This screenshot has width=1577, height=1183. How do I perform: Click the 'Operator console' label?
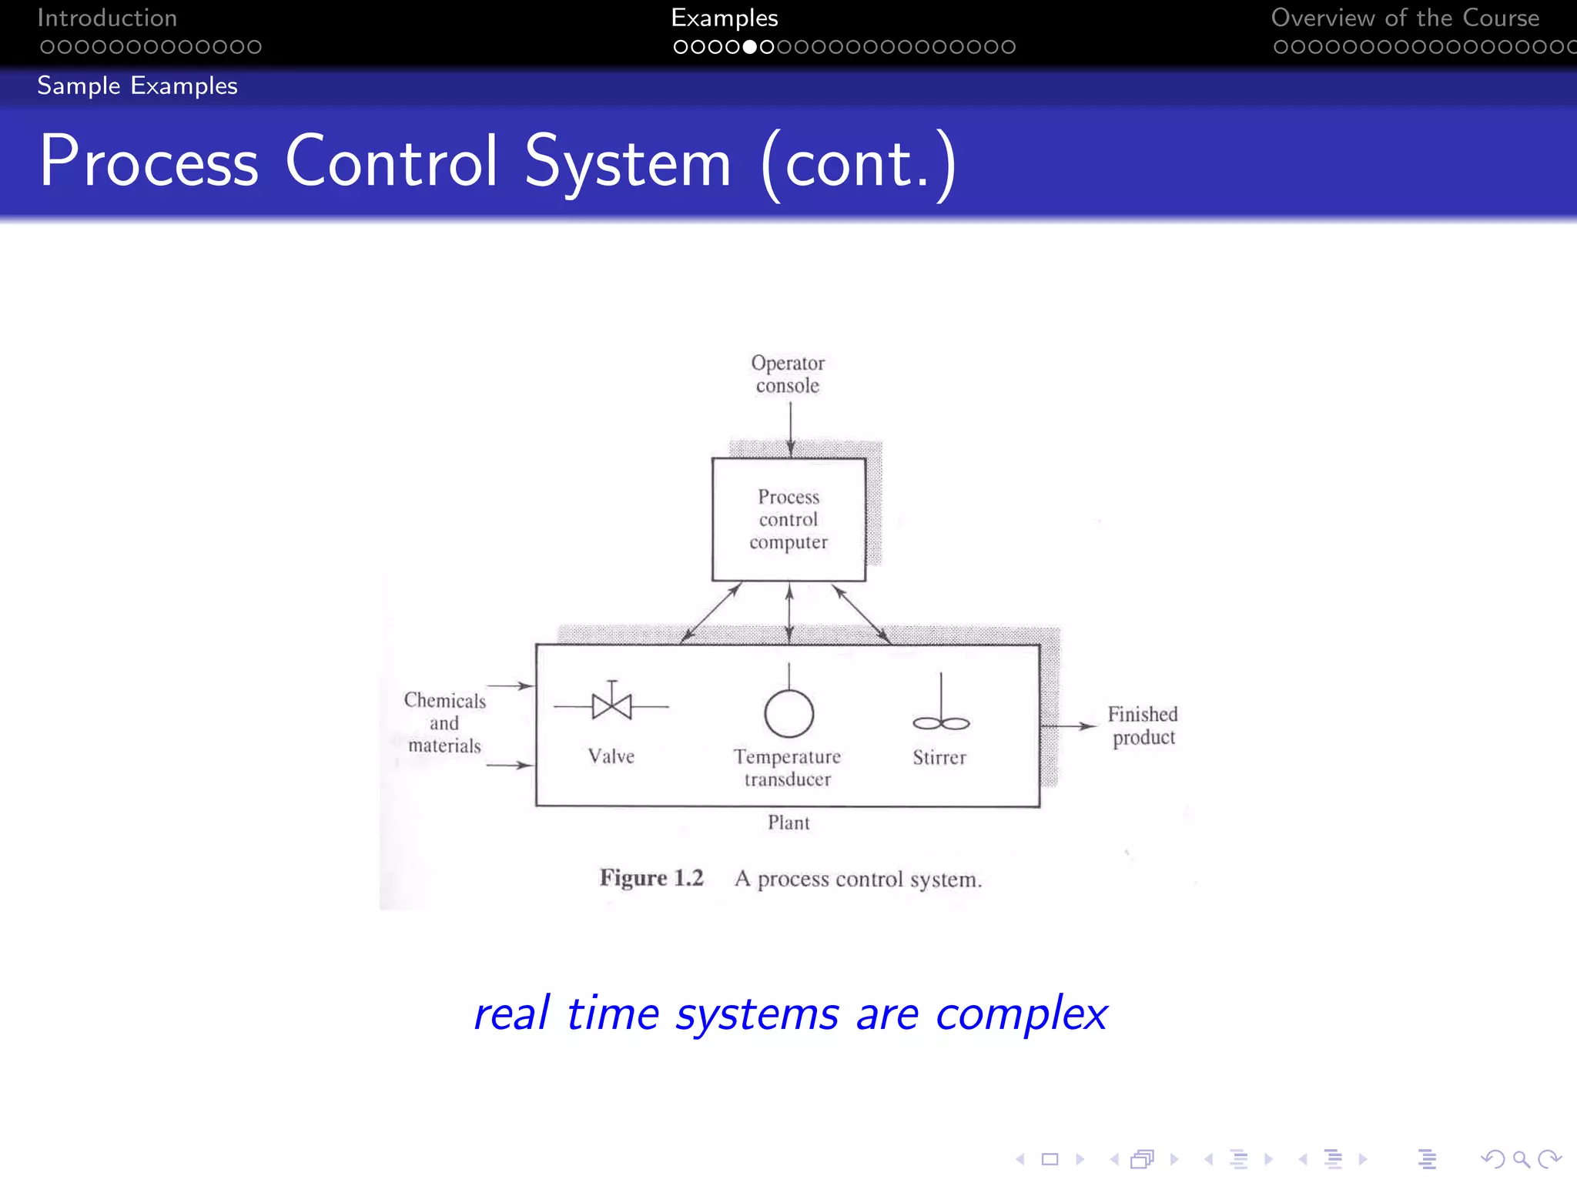(788, 374)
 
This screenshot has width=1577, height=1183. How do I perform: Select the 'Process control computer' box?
(788, 519)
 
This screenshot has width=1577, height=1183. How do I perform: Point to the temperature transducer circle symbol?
(788, 713)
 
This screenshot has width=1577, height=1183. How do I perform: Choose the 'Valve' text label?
(611, 756)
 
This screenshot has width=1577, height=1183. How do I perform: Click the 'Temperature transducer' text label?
(787, 768)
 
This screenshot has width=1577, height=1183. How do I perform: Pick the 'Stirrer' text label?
(939, 758)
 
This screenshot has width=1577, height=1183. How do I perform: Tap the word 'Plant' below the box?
(788, 823)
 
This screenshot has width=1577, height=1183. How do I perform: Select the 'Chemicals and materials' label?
(444, 723)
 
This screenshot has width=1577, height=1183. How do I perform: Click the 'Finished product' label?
(1143, 726)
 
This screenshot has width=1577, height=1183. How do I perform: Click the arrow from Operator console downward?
(790, 429)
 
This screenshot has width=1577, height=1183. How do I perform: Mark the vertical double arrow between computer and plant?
(789, 613)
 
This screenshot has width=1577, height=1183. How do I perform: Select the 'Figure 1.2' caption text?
(651, 878)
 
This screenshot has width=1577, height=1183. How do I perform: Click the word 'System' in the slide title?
(628, 162)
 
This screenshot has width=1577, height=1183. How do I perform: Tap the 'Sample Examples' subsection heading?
(137, 85)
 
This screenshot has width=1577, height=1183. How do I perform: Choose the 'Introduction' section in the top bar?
(107, 18)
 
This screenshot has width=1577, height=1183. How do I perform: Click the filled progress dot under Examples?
(749, 47)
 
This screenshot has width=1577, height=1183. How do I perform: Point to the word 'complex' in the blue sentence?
(1021, 1014)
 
